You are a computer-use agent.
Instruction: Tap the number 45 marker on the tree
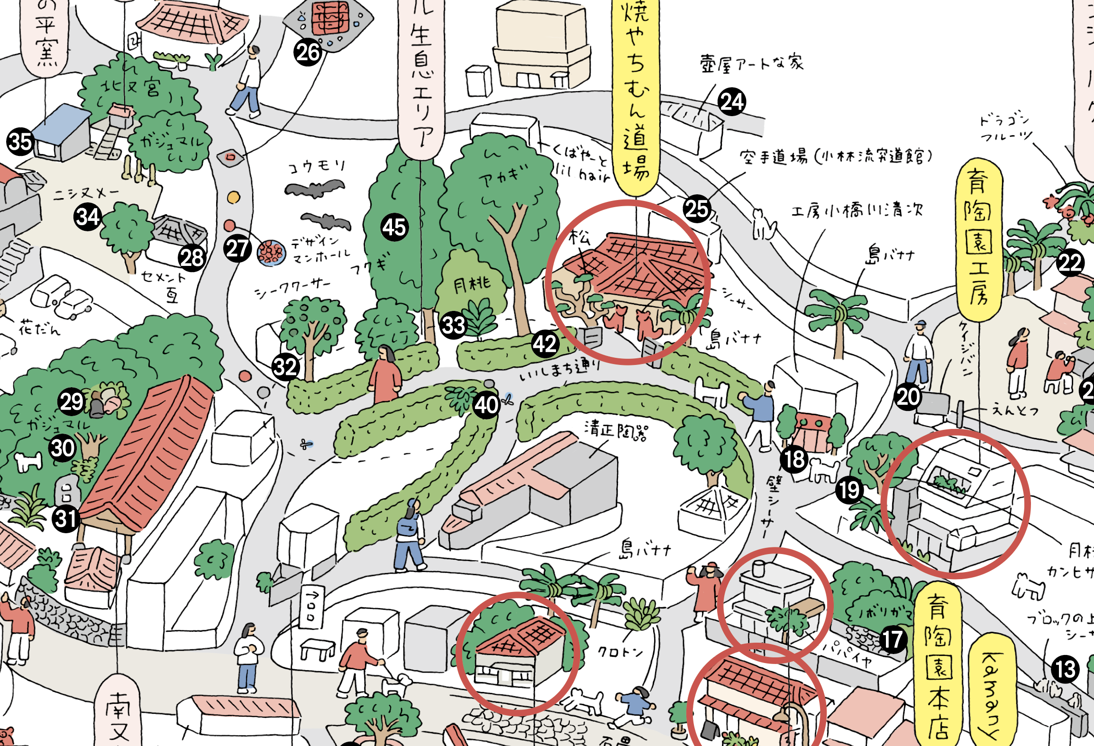[x=394, y=227]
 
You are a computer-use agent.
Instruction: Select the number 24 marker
[x=732, y=102]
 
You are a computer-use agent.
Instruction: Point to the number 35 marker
[x=20, y=142]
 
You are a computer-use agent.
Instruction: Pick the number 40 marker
[x=486, y=405]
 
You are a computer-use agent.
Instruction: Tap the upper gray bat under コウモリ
[x=314, y=189]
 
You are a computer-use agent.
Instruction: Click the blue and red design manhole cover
[x=271, y=253]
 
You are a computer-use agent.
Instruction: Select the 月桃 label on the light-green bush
[x=472, y=284]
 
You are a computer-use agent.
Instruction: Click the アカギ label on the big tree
[x=503, y=177]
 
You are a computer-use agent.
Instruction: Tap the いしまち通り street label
[x=559, y=369]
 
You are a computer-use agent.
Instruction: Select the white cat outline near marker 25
[x=763, y=225]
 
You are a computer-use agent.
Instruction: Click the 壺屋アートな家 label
[x=751, y=63]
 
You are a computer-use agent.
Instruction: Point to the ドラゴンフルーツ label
[x=1005, y=128]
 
